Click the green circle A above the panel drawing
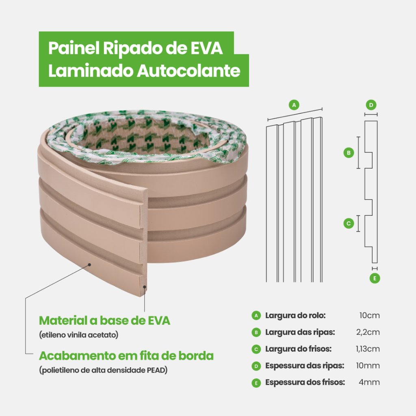click(x=295, y=104)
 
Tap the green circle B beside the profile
click(x=348, y=153)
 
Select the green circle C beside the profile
click(x=348, y=223)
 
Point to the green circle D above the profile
click(x=371, y=105)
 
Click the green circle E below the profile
click(x=375, y=278)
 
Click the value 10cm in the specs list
click(x=369, y=316)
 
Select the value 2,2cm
click(x=368, y=332)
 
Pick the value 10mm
click(x=367, y=366)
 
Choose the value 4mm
click(x=370, y=382)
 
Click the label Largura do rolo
click(x=295, y=316)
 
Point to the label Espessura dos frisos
click(x=305, y=382)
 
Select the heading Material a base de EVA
click(x=104, y=321)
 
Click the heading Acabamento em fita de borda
click(x=126, y=356)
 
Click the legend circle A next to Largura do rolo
click(x=256, y=316)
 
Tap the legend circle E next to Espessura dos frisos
click(x=256, y=382)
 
